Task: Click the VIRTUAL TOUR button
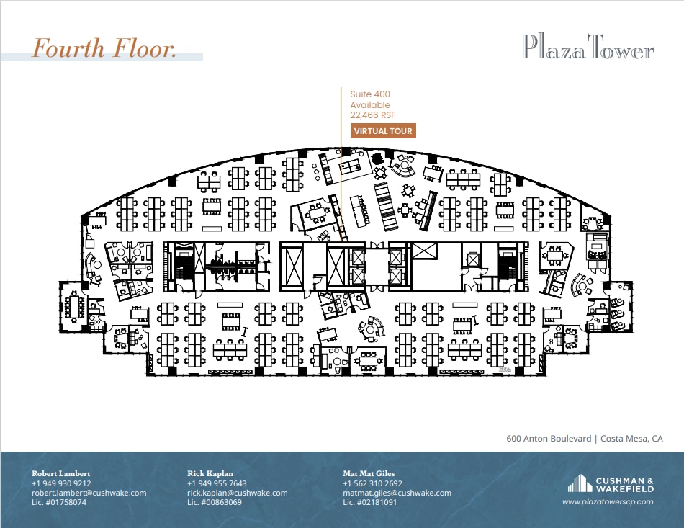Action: tap(383, 131)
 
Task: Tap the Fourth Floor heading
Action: tap(104, 48)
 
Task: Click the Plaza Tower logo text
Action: tap(587, 48)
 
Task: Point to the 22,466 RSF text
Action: tap(373, 115)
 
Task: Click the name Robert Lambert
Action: tap(61, 473)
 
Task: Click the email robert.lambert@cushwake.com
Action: tap(89, 493)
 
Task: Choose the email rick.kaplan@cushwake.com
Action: tap(237, 493)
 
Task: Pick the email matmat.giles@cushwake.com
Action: tap(397, 493)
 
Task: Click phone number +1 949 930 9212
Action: tap(61, 483)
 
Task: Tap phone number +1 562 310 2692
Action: tap(372, 483)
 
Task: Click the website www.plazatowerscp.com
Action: tap(608, 501)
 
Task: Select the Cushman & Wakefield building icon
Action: tap(580, 483)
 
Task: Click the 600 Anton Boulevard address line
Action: tap(585, 438)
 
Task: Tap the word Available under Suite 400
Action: tap(370, 105)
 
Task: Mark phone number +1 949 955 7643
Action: tap(217, 483)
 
